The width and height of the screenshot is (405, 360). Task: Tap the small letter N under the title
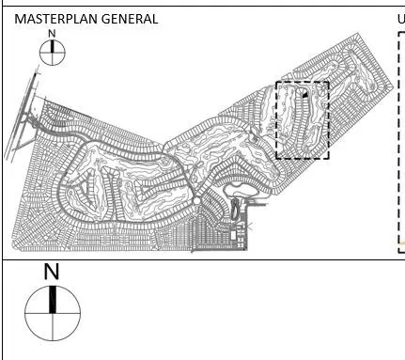52,34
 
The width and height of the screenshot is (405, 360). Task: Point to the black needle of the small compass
53,46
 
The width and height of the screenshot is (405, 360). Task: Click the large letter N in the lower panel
52,272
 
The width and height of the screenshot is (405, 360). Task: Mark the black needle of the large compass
53,299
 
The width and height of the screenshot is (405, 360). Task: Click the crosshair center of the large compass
53,313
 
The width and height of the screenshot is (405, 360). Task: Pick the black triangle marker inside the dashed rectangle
305,95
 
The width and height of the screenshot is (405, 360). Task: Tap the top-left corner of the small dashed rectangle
276,82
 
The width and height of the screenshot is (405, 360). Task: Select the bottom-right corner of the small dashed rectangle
329,159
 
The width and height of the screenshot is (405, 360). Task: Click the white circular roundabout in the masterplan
196,201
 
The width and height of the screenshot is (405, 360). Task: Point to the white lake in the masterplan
241,190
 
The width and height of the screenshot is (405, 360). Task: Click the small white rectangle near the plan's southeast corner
233,235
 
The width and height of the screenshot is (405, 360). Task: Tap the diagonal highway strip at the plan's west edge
22,116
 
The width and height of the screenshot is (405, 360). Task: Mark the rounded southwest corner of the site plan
15,245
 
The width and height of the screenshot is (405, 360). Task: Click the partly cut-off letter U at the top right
401,19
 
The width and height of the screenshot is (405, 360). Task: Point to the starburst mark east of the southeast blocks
249,227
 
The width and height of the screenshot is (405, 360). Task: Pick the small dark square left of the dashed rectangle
256,139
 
